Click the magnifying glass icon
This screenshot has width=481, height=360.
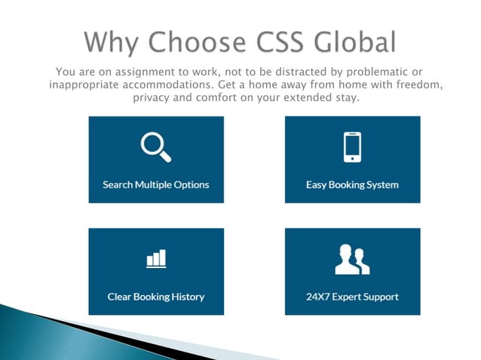(156, 146)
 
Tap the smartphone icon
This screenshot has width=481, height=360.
(352, 147)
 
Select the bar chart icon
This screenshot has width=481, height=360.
(156, 258)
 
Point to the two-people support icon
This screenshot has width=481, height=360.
(352, 259)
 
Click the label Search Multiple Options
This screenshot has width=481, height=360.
(156, 185)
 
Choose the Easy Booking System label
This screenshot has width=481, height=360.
(352, 185)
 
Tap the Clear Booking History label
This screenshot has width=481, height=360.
(156, 297)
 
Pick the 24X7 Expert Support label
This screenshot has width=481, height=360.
(352, 297)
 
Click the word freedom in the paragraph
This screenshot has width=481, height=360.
(414, 85)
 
